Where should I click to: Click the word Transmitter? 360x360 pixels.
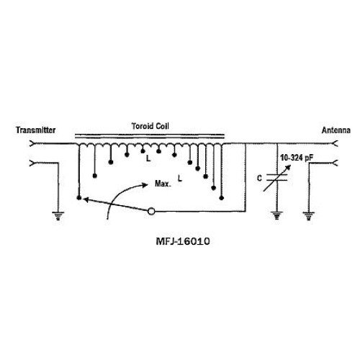click(36, 130)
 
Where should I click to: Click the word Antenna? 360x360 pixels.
click(336, 130)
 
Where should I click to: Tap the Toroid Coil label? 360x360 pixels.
click(150, 126)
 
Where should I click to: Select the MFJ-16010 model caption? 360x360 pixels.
click(183, 241)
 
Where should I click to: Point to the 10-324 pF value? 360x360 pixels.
click(297, 158)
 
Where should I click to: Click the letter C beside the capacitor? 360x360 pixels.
click(259, 179)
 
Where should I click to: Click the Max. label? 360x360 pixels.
click(163, 184)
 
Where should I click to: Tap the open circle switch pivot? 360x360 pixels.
click(151, 211)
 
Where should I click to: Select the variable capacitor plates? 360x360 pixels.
click(277, 177)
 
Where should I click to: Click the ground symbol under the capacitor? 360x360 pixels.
click(277, 216)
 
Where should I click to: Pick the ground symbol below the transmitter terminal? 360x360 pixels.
click(58, 216)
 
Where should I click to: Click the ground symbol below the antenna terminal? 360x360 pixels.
click(309, 216)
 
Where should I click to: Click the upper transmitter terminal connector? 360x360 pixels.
click(32, 144)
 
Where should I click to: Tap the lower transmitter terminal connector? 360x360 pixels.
click(32, 163)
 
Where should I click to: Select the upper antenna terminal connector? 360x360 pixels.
click(335, 144)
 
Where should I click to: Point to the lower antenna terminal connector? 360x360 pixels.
click(335, 163)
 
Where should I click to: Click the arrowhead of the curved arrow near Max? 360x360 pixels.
click(145, 185)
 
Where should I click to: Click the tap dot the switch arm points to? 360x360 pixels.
click(78, 198)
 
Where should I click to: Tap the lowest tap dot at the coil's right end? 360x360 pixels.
click(222, 198)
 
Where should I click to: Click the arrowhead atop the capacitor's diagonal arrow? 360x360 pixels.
click(288, 167)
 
